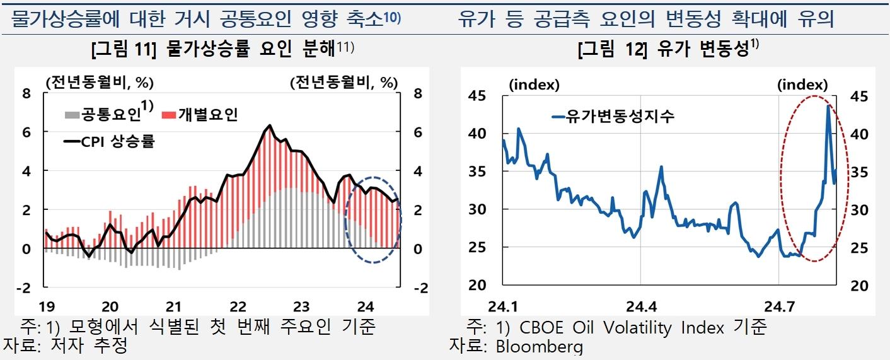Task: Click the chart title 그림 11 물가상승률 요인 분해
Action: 222,49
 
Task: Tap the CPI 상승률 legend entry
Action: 110,141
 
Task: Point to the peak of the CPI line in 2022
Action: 270,125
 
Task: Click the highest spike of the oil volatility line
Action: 828,106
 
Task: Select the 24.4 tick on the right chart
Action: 640,307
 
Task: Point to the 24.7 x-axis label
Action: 779,307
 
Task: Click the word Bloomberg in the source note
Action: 539,345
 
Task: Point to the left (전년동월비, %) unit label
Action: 99,82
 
